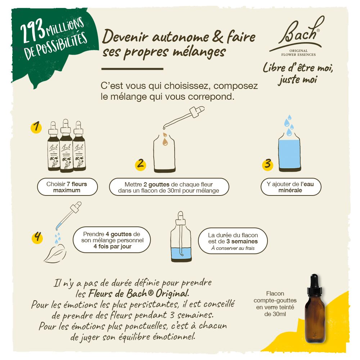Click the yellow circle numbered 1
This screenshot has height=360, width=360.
coord(36,127)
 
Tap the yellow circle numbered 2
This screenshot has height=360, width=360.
coord(140,164)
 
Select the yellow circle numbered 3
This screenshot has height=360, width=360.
coord(267,164)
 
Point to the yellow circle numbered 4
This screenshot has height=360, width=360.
coord(37,238)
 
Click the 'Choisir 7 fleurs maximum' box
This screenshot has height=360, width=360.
coord(67,187)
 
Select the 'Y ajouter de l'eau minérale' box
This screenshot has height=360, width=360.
coord(291,187)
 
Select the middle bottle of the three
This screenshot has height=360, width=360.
coord(66,146)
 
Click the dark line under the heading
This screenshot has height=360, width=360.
coord(132,68)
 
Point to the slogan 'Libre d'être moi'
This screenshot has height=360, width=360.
coord(298,68)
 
